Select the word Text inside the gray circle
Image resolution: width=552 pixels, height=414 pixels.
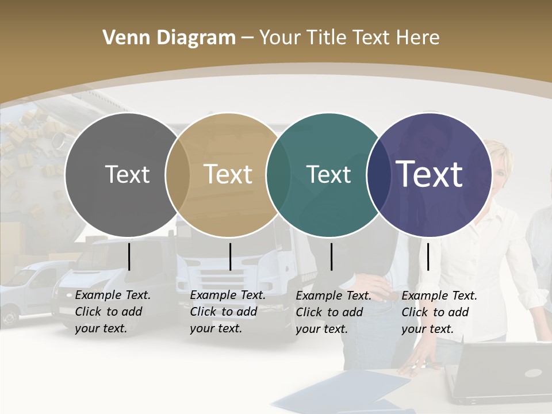click(127, 174)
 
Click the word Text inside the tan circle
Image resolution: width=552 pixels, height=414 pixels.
click(228, 174)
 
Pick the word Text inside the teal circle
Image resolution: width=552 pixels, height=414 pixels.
click(328, 174)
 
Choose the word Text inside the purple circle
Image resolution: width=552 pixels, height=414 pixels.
click(430, 174)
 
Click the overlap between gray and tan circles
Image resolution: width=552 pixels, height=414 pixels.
click(178, 174)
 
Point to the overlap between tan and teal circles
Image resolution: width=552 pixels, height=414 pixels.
click(278, 174)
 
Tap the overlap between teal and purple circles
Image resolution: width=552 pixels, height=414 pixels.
click(378, 174)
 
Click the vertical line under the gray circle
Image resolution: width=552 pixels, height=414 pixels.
click(129, 256)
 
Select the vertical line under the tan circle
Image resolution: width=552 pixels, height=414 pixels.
click(230, 256)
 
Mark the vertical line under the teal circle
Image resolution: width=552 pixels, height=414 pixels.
click(331, 256)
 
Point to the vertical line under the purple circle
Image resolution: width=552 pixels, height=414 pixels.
click(428, 256)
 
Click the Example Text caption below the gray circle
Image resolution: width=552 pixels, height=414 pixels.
click(113, 312)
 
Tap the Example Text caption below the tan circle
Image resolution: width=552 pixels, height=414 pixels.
click(228, 312)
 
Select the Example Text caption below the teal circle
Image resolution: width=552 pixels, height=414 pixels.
click(333, 312)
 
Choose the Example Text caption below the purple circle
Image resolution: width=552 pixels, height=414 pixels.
click(439, 312)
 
